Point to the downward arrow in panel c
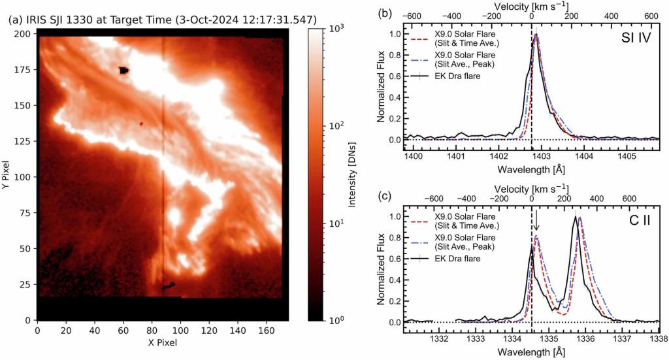tap(536, 220)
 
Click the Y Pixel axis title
tap(6, 175)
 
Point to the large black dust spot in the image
tap(123, 70)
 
